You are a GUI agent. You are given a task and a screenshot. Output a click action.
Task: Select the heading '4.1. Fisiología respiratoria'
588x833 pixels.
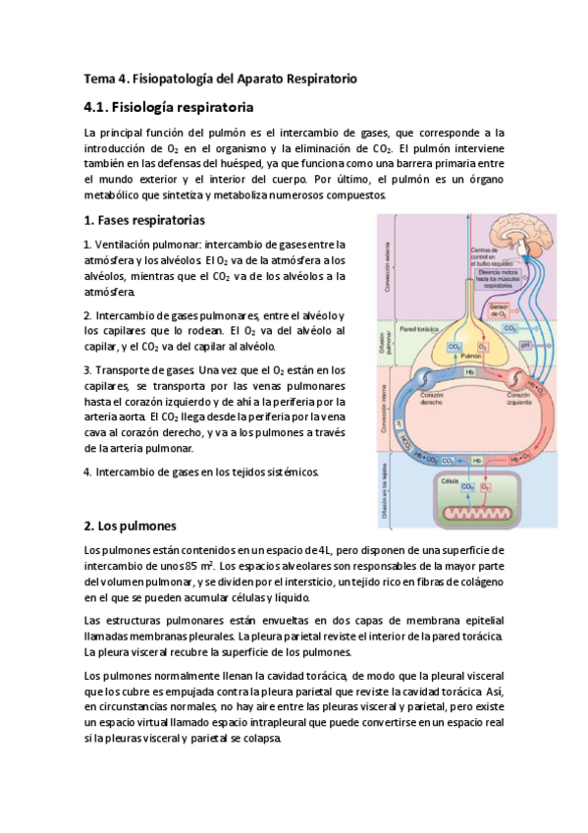point(169,105)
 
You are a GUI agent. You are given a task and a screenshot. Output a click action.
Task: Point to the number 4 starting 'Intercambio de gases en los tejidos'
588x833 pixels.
point(87,472)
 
